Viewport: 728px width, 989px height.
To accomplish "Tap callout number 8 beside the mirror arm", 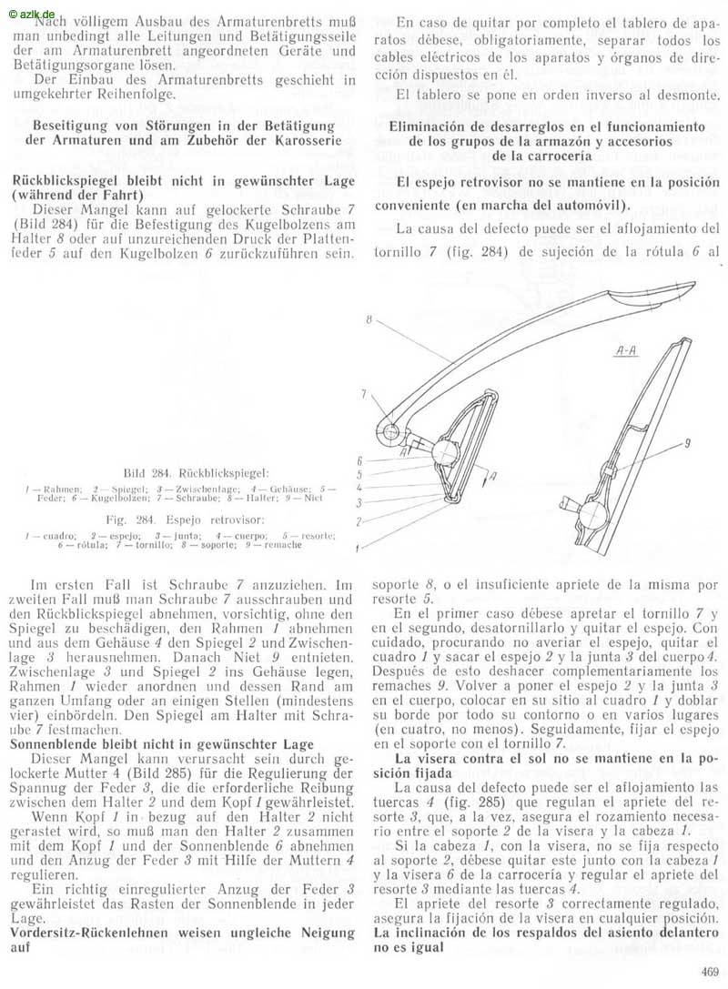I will [371, 319].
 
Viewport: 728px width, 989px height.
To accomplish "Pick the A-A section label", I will [625, 348].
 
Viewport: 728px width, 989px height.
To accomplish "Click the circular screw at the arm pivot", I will [389, 430].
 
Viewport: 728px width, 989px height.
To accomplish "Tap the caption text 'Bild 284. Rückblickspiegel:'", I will [196, 473].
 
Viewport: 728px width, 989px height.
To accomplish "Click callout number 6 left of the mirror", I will [360, 460].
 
